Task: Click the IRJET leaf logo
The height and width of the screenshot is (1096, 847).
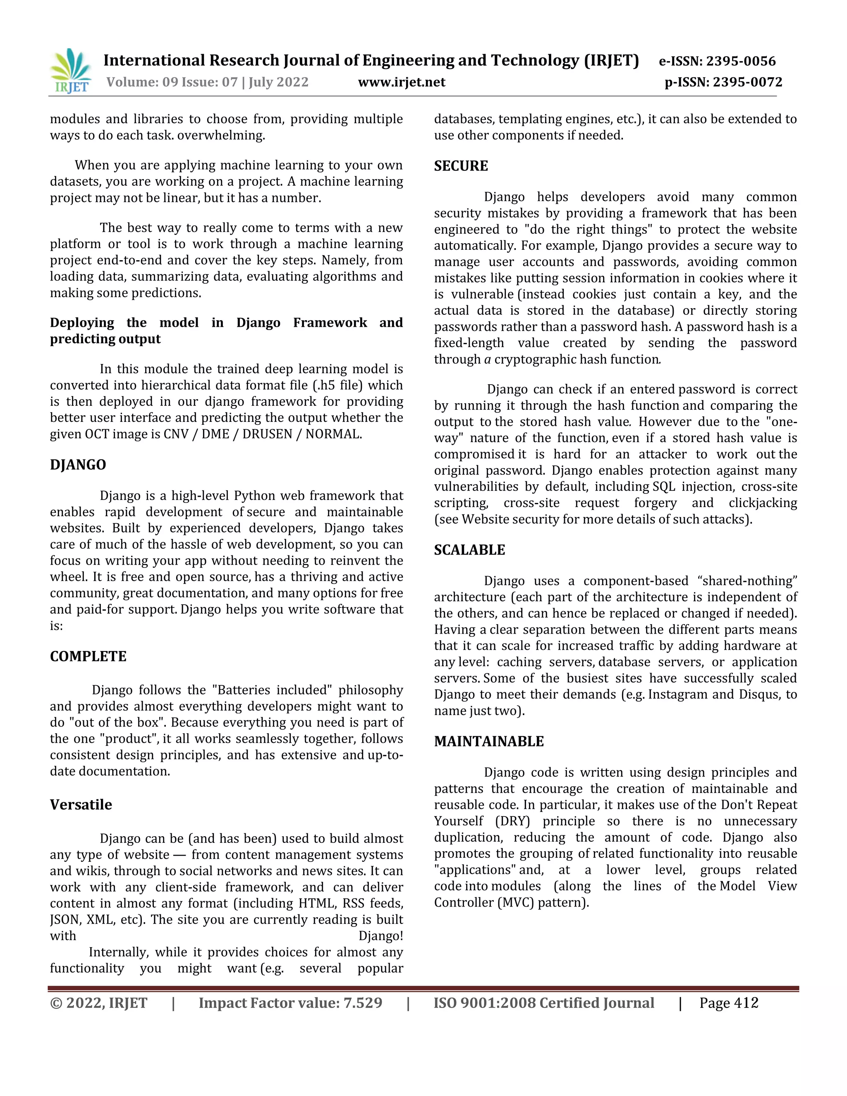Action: pos(71,71)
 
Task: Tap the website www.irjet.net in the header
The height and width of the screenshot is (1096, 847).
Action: pos(402,82)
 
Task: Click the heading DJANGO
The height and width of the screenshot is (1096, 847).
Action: pos(78,465)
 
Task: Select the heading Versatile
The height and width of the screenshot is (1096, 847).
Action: pos(81,805)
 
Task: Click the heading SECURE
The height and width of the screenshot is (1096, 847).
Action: pos(461,166)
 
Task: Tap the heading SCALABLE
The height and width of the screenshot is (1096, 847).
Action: pos(469,550)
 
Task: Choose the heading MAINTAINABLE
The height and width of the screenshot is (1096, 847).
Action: pos(489,742)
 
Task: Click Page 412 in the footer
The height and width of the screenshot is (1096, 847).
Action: pos(729,1003)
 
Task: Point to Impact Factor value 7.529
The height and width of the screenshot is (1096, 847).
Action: pos(290,1003)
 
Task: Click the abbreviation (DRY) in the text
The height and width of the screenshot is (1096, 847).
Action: pos(512,821)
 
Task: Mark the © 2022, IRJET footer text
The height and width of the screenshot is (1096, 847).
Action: pos(98,1003)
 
